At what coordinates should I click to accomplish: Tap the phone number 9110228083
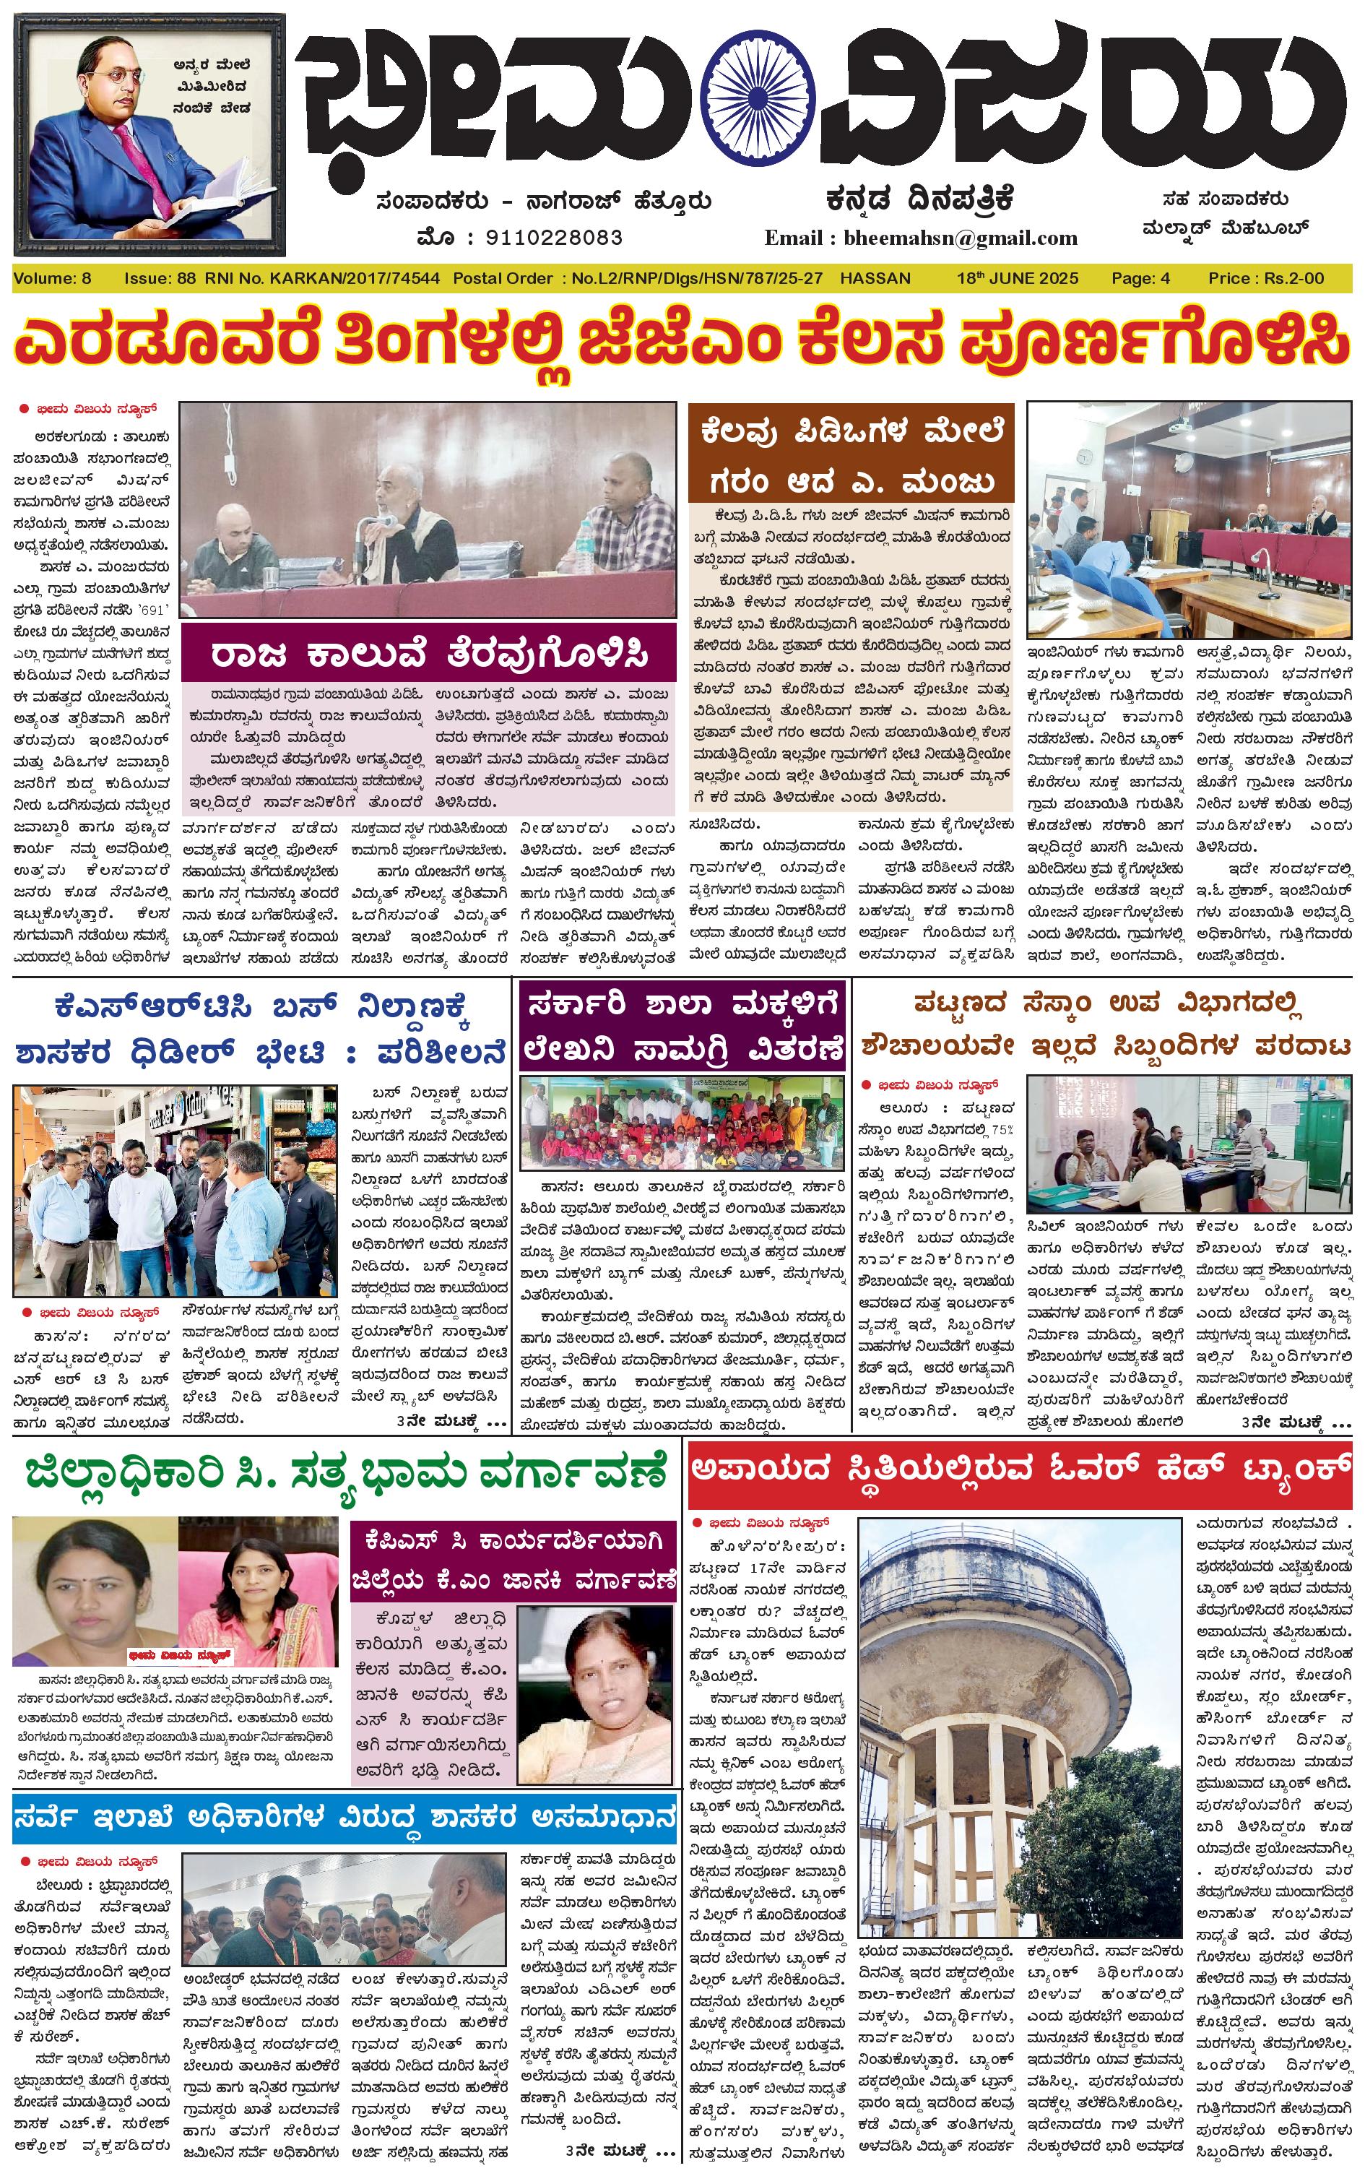point(552,238)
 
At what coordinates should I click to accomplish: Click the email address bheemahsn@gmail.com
point(960,238)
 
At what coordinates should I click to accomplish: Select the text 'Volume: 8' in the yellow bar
point(52,278)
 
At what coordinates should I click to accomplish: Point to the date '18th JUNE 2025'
point(1018,278)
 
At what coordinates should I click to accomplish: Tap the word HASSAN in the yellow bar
point(875,278)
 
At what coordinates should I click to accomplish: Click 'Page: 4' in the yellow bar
point(1140,278)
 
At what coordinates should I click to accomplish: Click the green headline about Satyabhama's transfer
point(346,1474)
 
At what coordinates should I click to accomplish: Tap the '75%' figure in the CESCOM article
point(1002,1129)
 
